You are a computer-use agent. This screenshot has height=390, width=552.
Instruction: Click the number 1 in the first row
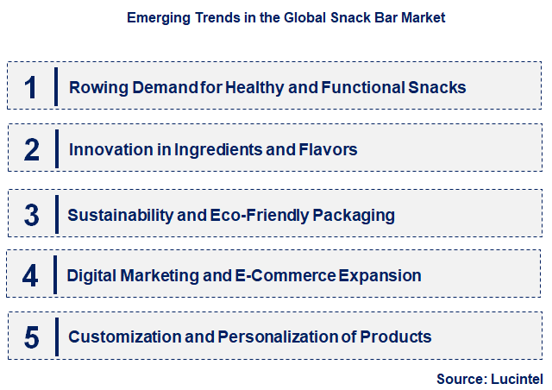click(x=31, y=86)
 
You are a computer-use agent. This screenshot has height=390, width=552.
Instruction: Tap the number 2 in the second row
click(x=31, y=150)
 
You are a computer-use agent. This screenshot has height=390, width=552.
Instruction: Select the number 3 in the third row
click(x=31, y=214)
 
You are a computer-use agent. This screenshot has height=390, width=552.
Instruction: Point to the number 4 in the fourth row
click(x=31, y=276)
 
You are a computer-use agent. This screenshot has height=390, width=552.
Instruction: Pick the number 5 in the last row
click(x=31, y=337)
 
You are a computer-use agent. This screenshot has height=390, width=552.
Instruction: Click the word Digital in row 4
click(x=92, y=276)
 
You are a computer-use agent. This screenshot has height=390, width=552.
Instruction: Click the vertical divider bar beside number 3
click(x=56, y=214)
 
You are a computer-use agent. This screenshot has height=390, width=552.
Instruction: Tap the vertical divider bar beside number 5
click(x=56, y=337)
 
